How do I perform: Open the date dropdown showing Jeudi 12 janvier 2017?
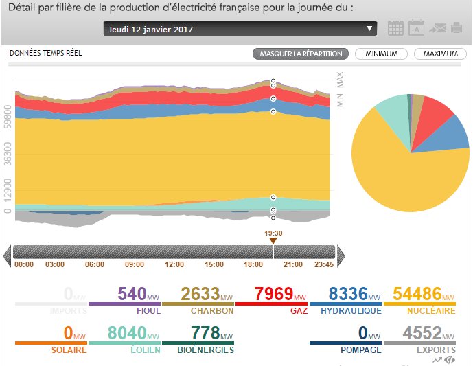pyautogui.click(x=240, y=29)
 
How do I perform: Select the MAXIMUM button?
pyautogui.click(x=440, y=54)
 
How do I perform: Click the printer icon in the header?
pyautogui.click(x=457, y=28)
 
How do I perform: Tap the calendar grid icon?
pyautogui.click(x=395, y=28)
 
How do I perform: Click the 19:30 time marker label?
pyautogui.click(x=273, y=233)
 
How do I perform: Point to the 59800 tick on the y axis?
pyautogui.click(x=7, y=117)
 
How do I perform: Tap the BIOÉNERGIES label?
pyautogui.click(x=203, y=350)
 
